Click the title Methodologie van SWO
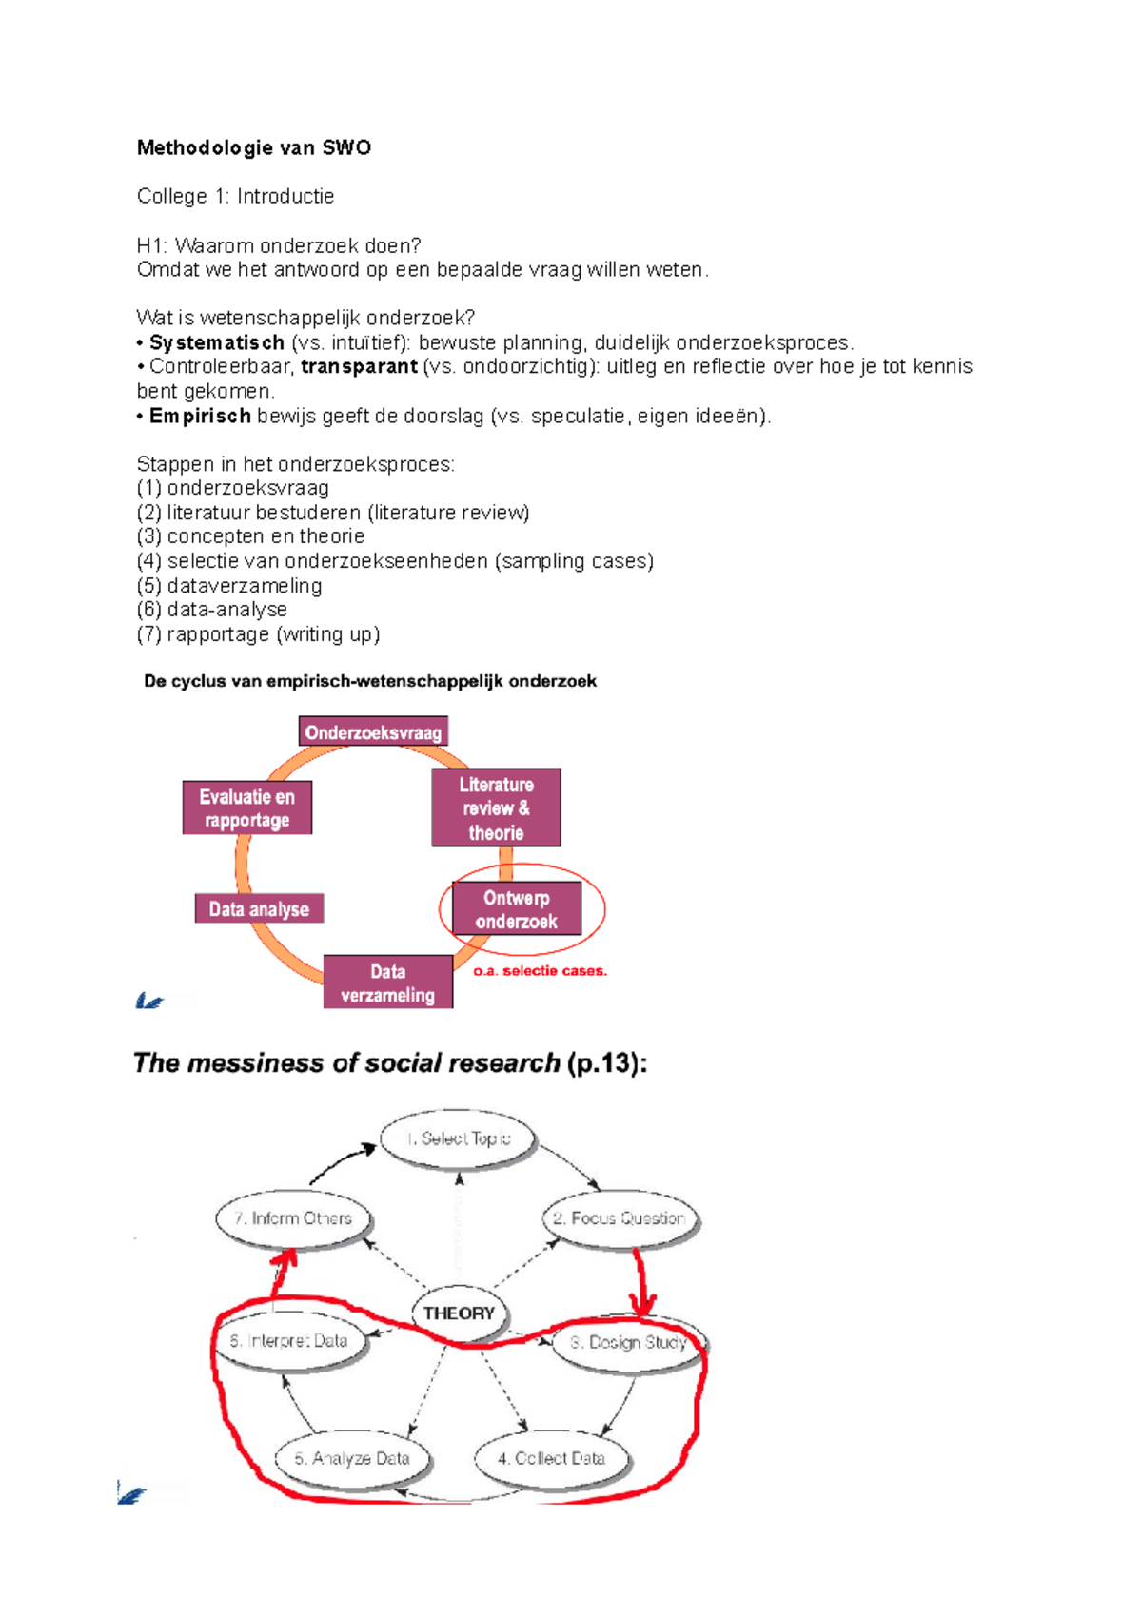click(x=253, y=147)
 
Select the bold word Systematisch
click(x=217, y=342)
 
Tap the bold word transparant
click(x=359, y=366)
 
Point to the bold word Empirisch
click(x=200, y=416)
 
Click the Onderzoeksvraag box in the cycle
click(x=373, y=732)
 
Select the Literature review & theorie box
click(x=496, y=808)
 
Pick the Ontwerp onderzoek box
click(x=517, y=909)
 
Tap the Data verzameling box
click(x=388, y=983)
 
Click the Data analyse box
click(x=259, y=909)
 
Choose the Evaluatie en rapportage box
click(x=247, y=808)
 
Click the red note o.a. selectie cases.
click(x=540, y=971)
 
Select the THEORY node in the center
click(x=459, y=1313)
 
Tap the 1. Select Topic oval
click(x=459, y=1138)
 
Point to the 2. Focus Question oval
click(x=620, y=1218)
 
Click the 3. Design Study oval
click(x=629, y=1343)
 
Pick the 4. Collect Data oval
click(x=552, y=1459)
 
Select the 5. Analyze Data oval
click(x=352, y=1459)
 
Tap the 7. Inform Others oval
click(x=293, y=1218)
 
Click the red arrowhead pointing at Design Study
click(x=643, y=1305)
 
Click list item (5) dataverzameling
click(x=229, y=586)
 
